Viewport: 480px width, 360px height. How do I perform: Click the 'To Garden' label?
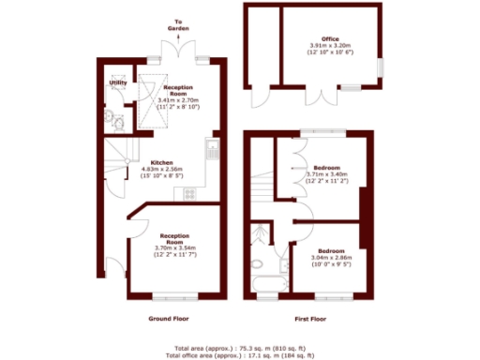click(x=179, y=24)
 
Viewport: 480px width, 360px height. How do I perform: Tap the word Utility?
click(x=118, y=82)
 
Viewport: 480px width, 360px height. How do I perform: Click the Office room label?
click(x=330, y=38)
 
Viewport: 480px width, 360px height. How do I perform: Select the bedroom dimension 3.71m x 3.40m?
click(x=327, y=174)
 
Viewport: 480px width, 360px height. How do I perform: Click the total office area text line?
click(x=240, y=355)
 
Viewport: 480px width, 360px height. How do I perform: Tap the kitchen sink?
click(x=211, y=151)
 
